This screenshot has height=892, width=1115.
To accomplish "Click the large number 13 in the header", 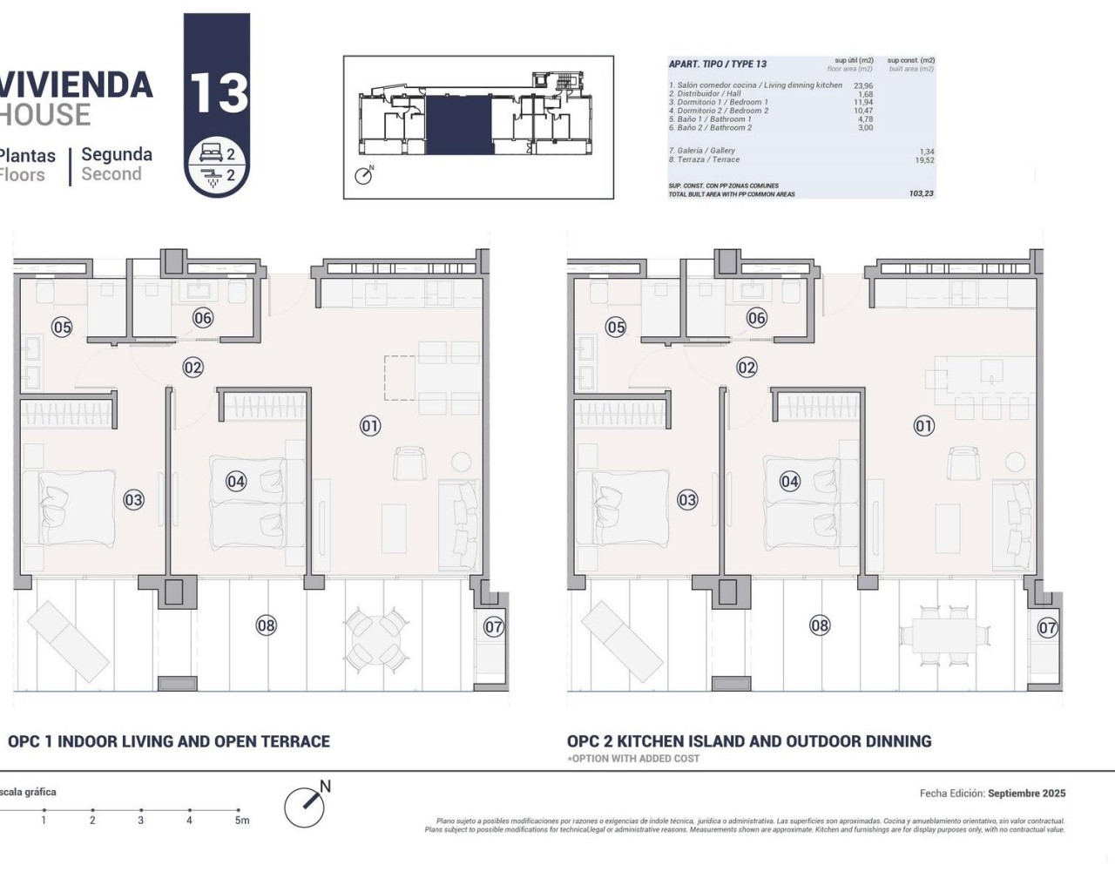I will point(218,92).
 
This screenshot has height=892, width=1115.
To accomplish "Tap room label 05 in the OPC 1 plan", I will point(62,328).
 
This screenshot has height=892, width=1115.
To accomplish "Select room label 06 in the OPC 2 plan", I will point(757,318).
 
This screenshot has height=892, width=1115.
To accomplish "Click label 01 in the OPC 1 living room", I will point(370,426).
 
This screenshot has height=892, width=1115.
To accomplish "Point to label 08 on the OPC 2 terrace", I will point(820,625).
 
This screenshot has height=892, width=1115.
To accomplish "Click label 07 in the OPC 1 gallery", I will point(494,626).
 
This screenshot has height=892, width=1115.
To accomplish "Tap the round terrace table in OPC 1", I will point(376,639).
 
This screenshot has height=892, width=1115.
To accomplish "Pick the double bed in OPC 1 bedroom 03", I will point(68,509).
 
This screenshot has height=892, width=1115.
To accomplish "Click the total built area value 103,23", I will point(921,193).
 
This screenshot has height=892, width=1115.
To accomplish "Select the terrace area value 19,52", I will point(924,160).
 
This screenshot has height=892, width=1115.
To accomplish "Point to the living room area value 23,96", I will point(862,86).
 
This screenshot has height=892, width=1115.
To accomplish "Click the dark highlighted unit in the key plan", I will point(460,125).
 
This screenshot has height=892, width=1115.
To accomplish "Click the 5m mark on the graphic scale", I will point(241,820).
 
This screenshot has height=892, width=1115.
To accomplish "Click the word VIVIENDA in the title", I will point(77,84).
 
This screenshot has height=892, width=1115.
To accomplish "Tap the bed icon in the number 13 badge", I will point(212,154).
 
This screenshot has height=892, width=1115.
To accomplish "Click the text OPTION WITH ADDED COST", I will point(635,759).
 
